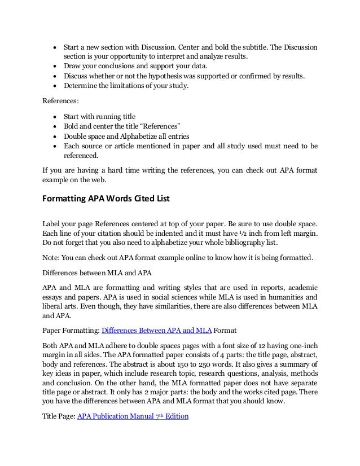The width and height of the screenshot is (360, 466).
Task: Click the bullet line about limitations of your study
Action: click(126, 86)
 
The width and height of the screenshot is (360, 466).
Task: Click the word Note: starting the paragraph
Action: click(52, 258)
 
